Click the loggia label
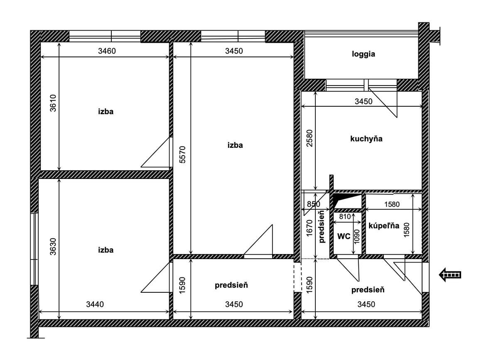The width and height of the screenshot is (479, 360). tap(363, 54)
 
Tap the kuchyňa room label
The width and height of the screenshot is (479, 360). tap(366, 139)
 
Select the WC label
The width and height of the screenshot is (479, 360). tap(344, 236)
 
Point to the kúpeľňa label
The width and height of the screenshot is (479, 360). tap(384, 226)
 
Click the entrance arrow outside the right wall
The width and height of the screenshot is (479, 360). tap(450, 275)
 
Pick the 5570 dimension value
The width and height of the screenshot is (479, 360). tap(182, 154)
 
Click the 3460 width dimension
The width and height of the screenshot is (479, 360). tap(107, 51)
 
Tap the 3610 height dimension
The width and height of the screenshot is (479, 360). tap(53, 103)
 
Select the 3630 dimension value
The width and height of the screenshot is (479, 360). tap(53, 247)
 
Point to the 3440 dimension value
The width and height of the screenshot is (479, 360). tap(95, 304)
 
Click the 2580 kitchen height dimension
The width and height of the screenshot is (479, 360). tap(310, 138)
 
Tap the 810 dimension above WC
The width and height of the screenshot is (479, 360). tap(345, 217)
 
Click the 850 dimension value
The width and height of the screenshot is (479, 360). tap(313, 204)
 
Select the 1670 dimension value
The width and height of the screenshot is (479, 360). tap(310, 228)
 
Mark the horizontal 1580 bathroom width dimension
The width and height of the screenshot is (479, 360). tap(392, 205)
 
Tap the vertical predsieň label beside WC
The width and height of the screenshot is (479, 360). tap(321, 227)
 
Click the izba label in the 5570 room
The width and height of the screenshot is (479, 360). tap(235, 145)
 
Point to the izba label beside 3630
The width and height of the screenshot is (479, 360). tap(106, 250)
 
